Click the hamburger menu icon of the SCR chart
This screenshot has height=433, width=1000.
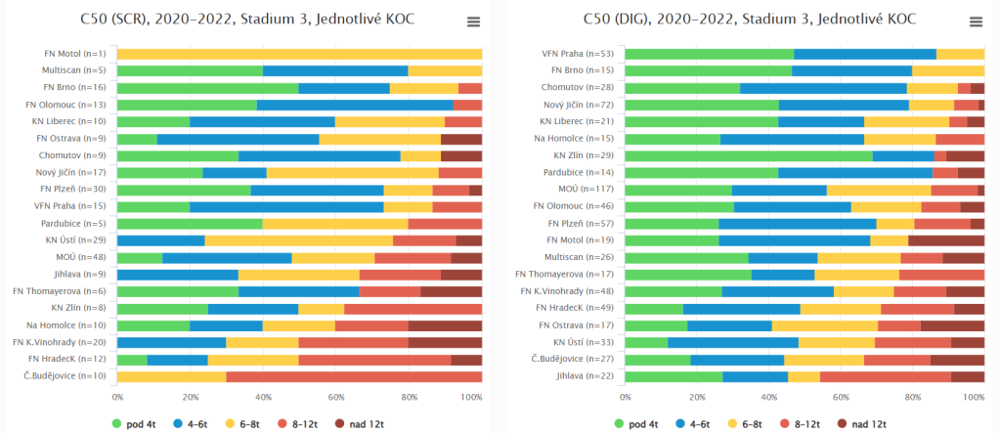tap(473, 22)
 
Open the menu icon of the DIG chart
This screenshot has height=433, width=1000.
tap(975, 22)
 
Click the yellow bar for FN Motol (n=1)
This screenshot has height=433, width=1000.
tap(299, 54)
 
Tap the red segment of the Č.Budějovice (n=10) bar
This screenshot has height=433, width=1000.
tap(354, 376)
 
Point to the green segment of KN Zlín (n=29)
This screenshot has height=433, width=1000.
tap(749, 155)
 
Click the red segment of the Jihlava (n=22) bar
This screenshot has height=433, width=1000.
tap(886, 376)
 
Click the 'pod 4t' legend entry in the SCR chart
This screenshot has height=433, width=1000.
tap(138, 424)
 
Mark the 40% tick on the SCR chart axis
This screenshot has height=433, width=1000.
tap(263, 397)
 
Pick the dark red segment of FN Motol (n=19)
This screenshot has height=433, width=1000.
tap(946, 240)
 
